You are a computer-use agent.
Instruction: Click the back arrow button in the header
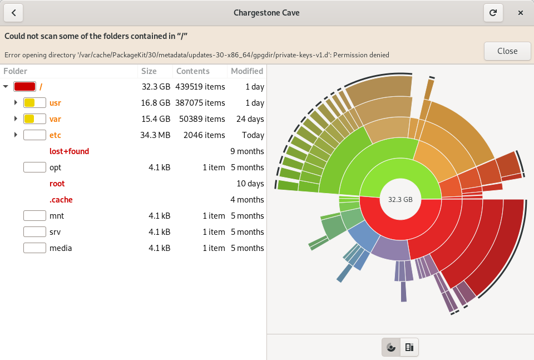[13, 13]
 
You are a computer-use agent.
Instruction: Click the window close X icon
[521, 13]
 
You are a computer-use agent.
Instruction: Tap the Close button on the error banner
[507, 51]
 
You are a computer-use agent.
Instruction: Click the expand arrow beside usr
[16, 102]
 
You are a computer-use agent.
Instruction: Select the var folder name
[55, 119]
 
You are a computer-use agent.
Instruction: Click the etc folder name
[55, 135]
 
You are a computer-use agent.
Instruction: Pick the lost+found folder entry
[69, 151]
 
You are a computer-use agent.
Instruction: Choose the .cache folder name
[61, 200]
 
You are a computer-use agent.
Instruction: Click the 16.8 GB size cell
[156, 103]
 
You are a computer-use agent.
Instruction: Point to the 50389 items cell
[202, 119]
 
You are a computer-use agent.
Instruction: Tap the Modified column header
[247, 71]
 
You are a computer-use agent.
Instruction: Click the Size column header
[149, 71]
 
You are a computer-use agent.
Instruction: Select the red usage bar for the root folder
[24, 86]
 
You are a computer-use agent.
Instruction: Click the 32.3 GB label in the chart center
[400, 200]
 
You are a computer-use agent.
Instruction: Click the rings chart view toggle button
[391, 347]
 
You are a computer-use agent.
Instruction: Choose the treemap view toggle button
[409, 347]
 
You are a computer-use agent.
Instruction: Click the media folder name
[61, 248]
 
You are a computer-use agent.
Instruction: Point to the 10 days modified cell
[250, 184]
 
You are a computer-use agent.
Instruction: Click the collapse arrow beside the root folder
[6, 86]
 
